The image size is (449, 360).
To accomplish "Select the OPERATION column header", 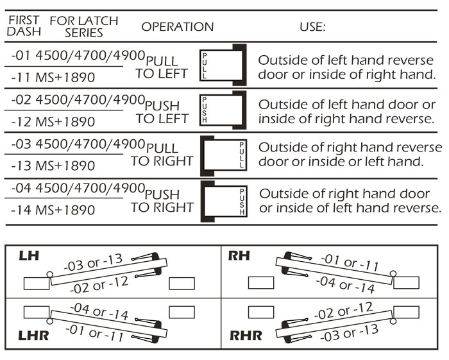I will point(177,27).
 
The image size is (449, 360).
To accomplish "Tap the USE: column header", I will point(312,27).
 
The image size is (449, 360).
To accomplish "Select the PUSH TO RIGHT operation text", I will point(163,201).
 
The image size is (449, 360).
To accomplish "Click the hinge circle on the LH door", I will point(49,276).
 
